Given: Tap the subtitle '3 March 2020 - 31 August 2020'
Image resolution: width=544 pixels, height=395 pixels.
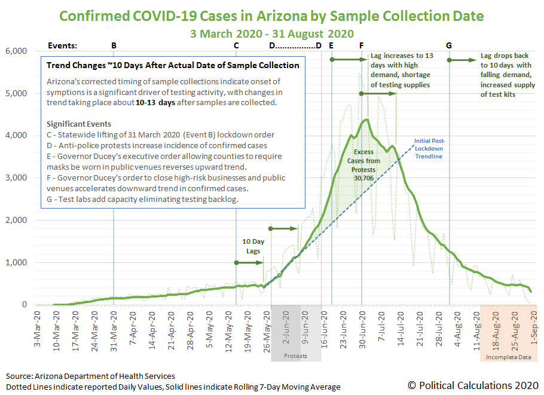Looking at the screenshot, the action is (x=271, y=33).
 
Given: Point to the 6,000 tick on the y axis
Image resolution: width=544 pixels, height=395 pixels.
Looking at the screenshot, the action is (x=16, y=51).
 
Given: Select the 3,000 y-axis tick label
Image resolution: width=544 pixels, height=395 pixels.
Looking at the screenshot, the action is (x=16, y=177).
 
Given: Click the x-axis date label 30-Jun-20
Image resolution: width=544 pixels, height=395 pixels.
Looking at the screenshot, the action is (x=362, y=330).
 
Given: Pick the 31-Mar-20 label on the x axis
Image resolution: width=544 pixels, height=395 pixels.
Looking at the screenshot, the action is (x=114, y=331).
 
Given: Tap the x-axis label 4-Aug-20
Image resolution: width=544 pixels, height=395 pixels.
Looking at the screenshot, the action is (x=457, y=329).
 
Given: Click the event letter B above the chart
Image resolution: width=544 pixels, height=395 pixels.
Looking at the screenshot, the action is (x=114, y=45).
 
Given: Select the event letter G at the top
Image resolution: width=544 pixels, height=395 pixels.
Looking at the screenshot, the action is (x=449, y=45).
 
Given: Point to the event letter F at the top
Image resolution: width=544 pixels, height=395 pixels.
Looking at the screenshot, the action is (x=362, y=45).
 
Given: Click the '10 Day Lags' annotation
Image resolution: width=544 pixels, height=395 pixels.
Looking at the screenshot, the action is (x=253, y=246).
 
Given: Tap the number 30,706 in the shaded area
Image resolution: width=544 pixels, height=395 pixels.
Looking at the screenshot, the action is (x=363, y=178).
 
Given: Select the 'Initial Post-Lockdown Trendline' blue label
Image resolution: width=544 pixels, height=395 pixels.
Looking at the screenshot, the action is (x=429, y=148).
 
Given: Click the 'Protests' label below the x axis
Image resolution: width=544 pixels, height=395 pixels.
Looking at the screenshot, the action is (x=295, y=356).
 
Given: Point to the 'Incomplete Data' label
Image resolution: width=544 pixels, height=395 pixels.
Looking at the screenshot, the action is (x=509, y=357).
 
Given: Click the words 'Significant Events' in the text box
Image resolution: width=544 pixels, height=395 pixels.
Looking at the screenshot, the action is (x=79, y=124).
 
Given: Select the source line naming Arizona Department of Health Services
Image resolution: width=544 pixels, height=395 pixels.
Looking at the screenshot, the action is (x=90, y=376).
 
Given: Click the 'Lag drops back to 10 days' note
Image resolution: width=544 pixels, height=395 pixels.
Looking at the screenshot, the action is (x=508, y=75).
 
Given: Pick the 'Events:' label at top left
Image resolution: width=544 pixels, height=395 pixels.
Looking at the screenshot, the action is (x=62, y=45).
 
